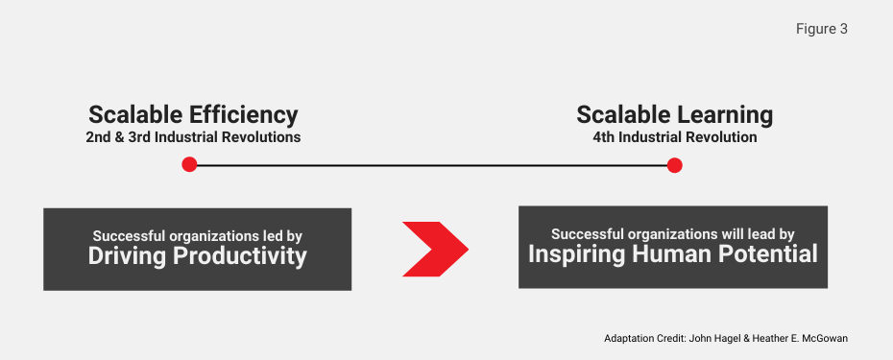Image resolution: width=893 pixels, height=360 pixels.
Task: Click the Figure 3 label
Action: [821, 29]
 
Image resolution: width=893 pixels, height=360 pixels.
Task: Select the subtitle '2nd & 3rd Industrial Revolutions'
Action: [193, 137]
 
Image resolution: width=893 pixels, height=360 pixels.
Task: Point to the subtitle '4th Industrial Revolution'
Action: [674, 137]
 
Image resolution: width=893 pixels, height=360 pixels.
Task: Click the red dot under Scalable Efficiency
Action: [189, 165]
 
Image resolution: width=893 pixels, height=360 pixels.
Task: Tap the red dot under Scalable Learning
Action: [674, 165]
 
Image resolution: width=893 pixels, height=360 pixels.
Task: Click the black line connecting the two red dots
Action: [432, 165]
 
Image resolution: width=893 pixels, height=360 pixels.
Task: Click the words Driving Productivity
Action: [197, 256]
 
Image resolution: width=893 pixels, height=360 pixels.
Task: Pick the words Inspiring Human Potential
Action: [672, 253]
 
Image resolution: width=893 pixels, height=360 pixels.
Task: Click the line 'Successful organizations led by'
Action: [197, 235]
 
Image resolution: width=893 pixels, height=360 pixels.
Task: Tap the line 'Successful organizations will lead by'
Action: [672, 233]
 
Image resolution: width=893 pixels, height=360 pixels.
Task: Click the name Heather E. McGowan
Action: [808, 339]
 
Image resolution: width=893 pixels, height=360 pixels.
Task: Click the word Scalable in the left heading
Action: [133, 115]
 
